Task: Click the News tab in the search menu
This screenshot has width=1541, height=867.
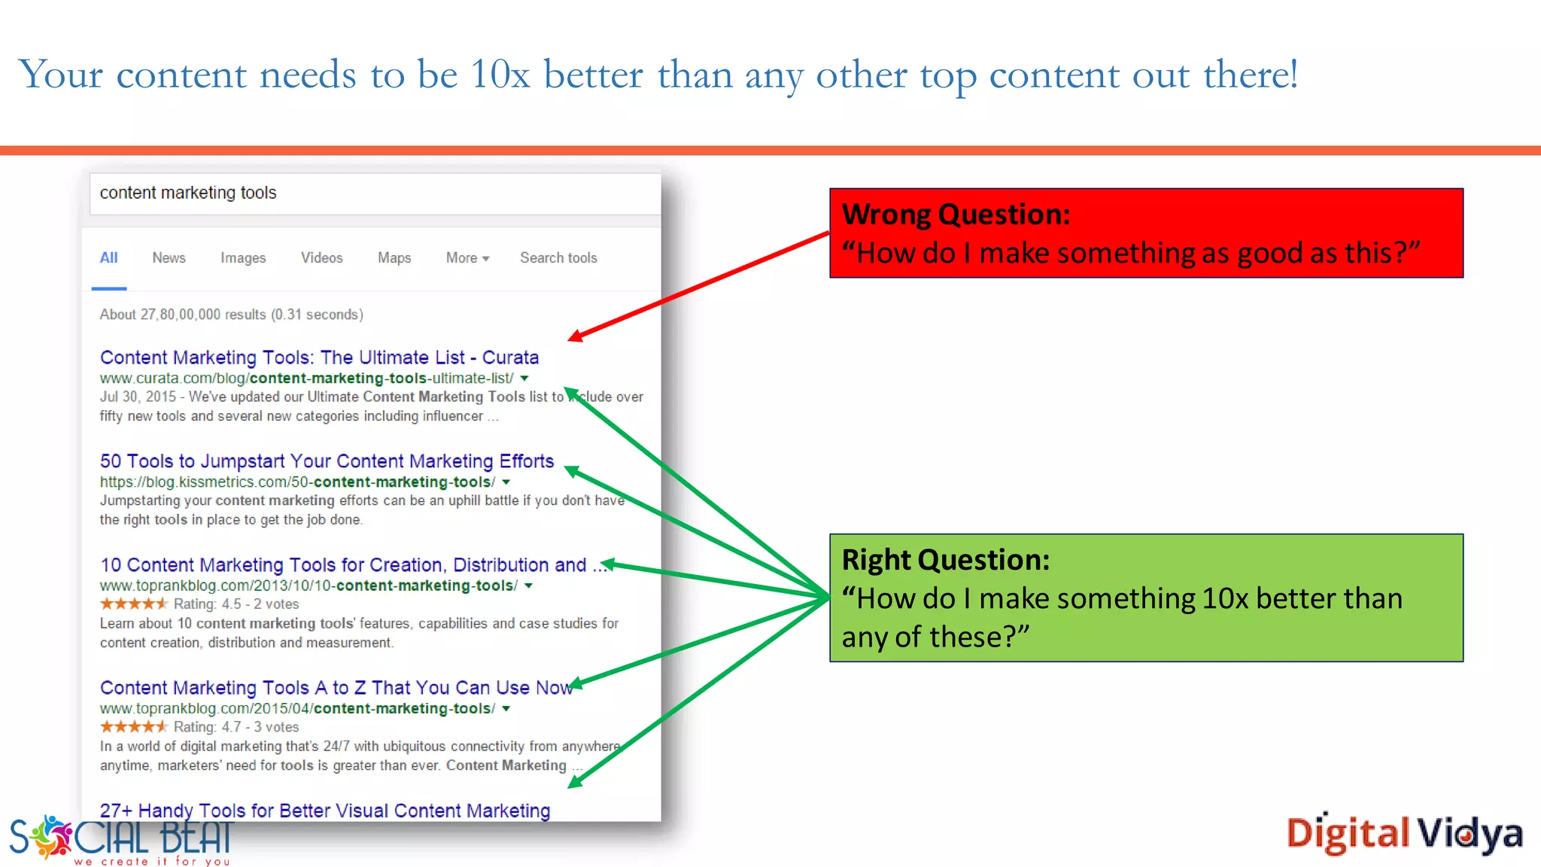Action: coord(169,258)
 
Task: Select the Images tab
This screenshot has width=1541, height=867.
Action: coord(243,258)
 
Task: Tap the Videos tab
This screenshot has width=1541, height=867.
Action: coord(321,258)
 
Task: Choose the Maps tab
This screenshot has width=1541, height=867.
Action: coord(394,258)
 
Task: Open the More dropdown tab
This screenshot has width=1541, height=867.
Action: coord(467,258)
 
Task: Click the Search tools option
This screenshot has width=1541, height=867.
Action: coord(558,258)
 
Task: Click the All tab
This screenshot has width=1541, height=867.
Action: coord(109,258)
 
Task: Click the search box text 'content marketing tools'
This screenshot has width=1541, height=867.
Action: coord(188,193)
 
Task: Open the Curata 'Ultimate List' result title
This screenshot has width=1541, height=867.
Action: coord(319,357)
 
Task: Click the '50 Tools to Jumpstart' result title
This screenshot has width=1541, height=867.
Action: coord(327,461)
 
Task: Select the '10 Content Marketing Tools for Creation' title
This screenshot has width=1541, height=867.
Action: coord(343,565)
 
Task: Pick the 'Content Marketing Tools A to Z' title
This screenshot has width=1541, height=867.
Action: coord(336,688)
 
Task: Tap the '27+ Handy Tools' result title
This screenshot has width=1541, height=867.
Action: coord(325,811)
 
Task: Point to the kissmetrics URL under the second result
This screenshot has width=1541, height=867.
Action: coord(298,482)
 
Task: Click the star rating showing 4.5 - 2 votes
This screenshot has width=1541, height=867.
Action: coord(134,604)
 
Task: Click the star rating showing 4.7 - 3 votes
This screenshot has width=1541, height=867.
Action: coord(134,727)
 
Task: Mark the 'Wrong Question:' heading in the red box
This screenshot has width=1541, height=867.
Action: coord(956,215)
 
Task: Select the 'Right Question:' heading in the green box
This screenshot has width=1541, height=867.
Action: coord(946,561)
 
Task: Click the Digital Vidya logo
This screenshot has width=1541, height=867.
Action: coord(1404,834)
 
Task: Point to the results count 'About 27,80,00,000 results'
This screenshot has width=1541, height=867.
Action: coord(231,315)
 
